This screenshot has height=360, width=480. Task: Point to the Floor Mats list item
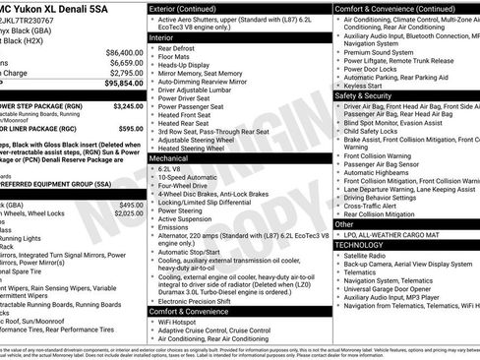pos(181,57)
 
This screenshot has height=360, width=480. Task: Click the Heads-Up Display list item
pos(190,67)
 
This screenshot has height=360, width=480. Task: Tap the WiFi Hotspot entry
pos(185,324)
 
